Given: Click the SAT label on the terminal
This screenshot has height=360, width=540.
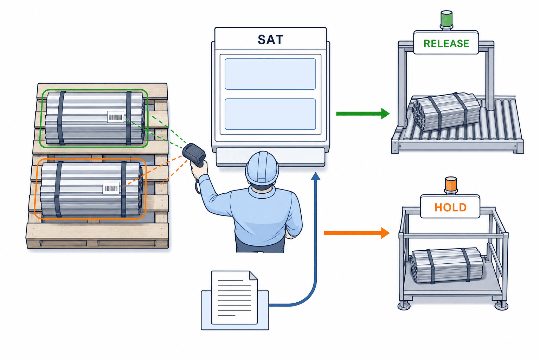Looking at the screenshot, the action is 270,40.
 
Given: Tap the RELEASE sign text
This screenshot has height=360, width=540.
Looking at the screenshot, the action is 446,43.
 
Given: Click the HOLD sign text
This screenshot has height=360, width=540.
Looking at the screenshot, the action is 450,207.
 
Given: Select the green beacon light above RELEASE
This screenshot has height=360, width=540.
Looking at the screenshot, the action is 446,19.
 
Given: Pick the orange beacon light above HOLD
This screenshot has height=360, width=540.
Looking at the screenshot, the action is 451,185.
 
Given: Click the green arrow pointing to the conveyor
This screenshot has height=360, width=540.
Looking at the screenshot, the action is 363,114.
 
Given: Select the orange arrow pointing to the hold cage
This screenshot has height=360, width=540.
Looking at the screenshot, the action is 356,233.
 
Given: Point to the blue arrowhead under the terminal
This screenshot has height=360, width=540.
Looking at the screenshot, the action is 316,176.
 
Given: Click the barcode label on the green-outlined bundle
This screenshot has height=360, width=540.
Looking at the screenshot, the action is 116,117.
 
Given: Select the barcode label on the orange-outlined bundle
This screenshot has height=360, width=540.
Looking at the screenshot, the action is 111,188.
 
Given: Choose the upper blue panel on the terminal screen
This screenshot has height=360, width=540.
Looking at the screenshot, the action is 270,74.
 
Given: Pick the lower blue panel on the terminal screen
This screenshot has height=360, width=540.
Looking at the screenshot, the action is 270,114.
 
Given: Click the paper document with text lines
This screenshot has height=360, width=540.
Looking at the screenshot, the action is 234,297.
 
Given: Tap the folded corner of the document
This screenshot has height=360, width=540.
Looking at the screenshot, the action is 253,275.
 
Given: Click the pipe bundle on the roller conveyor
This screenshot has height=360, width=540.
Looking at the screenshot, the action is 446,111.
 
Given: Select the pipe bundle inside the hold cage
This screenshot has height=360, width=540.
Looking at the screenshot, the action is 447,265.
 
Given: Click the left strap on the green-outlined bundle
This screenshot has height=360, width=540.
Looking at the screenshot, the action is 61,118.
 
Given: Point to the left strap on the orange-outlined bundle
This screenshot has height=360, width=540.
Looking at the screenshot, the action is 58,189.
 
